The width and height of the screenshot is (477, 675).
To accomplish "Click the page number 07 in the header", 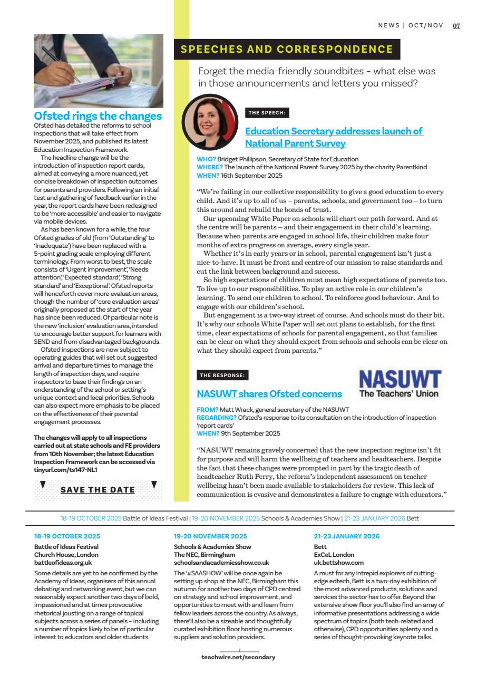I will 456,25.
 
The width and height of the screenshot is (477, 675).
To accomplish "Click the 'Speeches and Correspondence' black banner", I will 287,50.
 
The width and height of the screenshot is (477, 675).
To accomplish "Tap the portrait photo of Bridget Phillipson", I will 210,122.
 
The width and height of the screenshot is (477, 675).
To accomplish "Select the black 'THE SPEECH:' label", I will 267,113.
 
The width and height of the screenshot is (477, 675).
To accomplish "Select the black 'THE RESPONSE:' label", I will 222,375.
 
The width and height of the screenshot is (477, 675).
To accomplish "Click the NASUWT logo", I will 400,383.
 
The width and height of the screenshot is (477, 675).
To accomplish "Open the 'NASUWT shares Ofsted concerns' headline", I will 269,393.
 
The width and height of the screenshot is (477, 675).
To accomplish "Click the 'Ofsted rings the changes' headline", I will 98,116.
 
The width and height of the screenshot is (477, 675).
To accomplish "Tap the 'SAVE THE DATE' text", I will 98,489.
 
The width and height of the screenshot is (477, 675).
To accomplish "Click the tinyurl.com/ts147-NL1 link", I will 65,469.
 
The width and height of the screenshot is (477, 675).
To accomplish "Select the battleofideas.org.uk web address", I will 59,563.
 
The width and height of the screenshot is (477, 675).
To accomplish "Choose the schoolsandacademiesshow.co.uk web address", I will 221,563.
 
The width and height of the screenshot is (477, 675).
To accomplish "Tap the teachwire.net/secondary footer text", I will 238,657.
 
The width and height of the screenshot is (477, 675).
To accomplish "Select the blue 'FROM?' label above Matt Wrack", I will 207,410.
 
